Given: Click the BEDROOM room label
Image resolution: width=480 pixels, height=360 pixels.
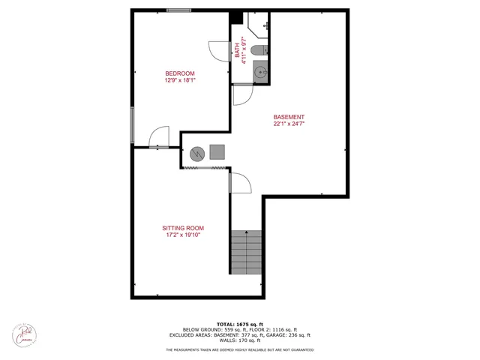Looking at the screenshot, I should coord(180,73).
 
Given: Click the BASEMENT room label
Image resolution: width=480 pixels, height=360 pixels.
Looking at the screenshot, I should coord(289,117).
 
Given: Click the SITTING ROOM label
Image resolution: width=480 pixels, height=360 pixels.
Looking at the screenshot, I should coord(183,228).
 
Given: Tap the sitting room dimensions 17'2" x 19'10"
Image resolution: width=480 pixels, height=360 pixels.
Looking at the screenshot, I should coord(183,235).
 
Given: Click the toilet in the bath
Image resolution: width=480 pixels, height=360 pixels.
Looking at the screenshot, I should coord(258,51).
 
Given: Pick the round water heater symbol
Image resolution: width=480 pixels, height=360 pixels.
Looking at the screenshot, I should coord(196,154).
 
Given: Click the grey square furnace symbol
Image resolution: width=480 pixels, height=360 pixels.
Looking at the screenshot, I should coord(217,152).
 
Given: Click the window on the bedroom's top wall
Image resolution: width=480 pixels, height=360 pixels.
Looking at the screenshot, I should coord(178,10).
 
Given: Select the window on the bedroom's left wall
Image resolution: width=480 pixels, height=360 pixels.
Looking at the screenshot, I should coord(133,124).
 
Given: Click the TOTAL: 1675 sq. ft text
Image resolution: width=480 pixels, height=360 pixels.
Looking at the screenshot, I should coord(240,323).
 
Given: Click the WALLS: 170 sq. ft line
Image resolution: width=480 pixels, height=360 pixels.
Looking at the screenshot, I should coord(240,341).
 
